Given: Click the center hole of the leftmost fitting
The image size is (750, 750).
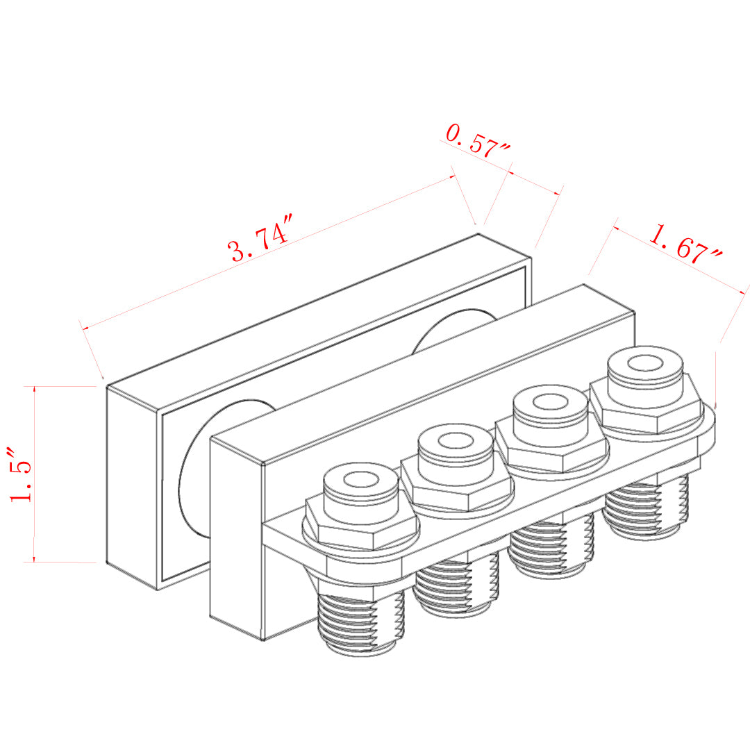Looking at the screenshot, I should pyautogui.click(x=359, y=480).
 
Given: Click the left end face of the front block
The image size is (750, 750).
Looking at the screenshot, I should pyautogui.click(x=236, y=538).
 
